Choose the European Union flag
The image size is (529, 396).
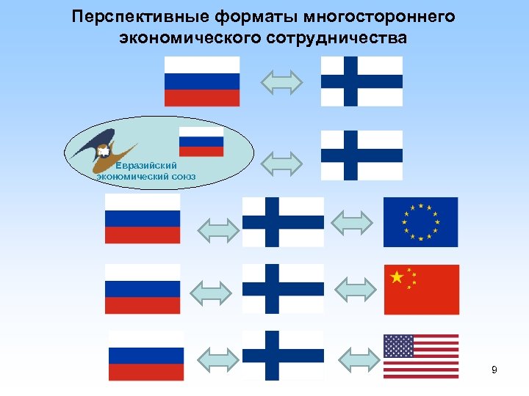coord(420,221)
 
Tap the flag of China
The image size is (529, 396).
coord(421,289)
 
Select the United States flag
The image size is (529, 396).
coord(421,356)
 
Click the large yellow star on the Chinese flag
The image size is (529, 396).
coord(397,277)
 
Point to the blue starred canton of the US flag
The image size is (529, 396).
coord(399,345)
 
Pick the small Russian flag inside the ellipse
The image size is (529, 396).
coord(201,142)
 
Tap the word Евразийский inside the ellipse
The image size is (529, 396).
coord(145,166)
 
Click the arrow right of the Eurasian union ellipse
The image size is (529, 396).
coord(283,163)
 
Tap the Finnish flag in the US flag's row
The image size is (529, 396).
coord(283,356)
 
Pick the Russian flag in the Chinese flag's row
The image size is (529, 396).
coord(143,289)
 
